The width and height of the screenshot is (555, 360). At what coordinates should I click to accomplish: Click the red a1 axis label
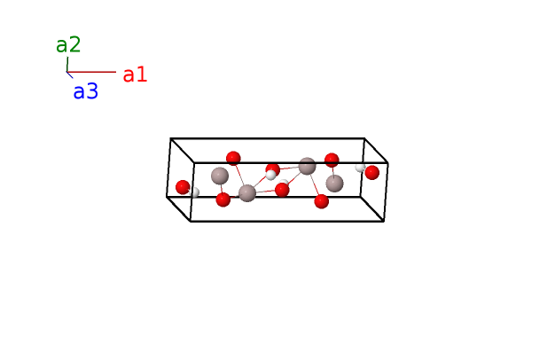[135, 74]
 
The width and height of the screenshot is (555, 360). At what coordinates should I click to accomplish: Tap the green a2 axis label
[68, 44]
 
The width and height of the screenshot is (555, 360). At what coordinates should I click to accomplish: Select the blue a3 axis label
[85, 91]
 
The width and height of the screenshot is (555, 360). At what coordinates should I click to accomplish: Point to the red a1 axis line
[91, 72]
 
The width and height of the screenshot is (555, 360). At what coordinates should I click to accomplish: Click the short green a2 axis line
[67, 64]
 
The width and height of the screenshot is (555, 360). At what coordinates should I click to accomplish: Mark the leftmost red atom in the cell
[183, 187]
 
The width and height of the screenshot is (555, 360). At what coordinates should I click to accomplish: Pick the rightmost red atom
[372, 172]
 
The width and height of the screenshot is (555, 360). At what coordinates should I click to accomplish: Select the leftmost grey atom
[220, 176]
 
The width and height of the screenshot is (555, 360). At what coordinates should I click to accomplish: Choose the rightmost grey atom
[334, 184]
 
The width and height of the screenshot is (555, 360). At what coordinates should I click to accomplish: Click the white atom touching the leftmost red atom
[194, 192]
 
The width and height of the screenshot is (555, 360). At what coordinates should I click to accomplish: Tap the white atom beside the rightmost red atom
[360, 167]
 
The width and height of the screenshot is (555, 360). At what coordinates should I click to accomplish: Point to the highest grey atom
[307, 166]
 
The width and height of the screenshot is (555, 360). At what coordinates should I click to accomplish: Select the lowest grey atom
[247, 193]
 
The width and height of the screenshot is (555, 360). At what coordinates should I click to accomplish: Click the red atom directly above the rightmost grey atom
[332, 160]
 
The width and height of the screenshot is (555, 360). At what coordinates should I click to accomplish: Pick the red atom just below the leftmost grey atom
[223, 200]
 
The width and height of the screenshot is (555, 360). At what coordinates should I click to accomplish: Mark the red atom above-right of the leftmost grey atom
[233, 158]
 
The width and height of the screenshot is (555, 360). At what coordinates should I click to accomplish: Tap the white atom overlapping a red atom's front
[270, 175]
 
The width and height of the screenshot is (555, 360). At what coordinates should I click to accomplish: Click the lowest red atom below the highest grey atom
[322, 201]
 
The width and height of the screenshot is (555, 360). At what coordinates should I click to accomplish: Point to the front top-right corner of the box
[388, 163]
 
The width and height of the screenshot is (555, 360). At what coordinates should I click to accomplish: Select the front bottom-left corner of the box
[191, 222]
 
